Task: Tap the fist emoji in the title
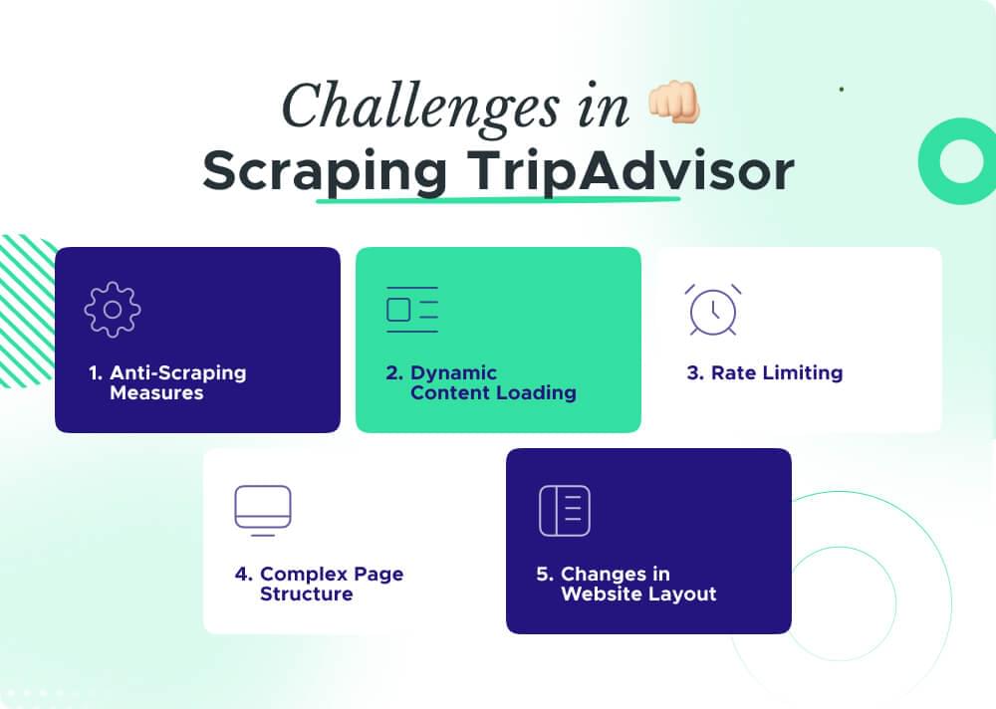pos(673,103)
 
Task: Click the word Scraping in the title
pos(325,171)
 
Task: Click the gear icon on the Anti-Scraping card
pos(113,310)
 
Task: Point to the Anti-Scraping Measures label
pos(165,382)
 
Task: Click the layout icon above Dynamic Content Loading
pos(411,310)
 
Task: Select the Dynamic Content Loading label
pos(481,382)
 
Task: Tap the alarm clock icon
pos(713,310)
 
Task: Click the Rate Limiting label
pos(765,373)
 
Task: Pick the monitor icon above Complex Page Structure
pos(262,511)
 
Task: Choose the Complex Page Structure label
pos(319,584)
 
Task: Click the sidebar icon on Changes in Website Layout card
pos(564,511)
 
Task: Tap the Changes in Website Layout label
pos(625,584)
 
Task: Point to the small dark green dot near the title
pos(842,89)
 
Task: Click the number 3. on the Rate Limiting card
pos(694,373)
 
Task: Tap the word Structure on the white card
pos(307,594)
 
